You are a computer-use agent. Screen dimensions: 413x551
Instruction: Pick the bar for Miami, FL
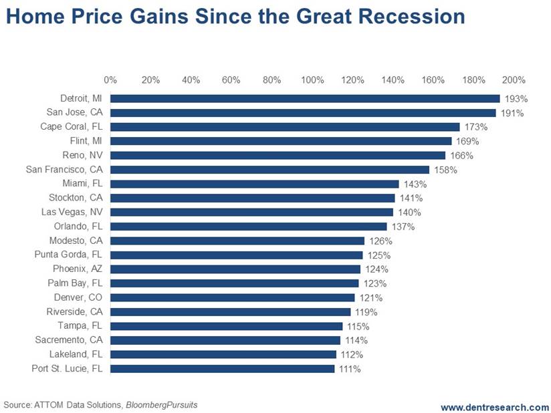tap(254, 184)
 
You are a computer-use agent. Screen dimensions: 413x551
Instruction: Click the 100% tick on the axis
tap(312, 80)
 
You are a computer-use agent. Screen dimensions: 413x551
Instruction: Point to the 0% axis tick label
tap(110, 80)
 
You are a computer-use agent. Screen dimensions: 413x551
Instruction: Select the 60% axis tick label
tap(231, 80)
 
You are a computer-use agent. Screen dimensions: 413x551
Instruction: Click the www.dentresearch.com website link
tap(494, 406)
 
